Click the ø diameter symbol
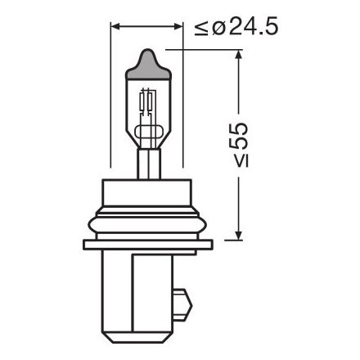coord(215,29)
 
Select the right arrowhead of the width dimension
coord(176,28)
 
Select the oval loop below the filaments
coord(147,132)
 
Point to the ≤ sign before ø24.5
coord(201,29)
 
